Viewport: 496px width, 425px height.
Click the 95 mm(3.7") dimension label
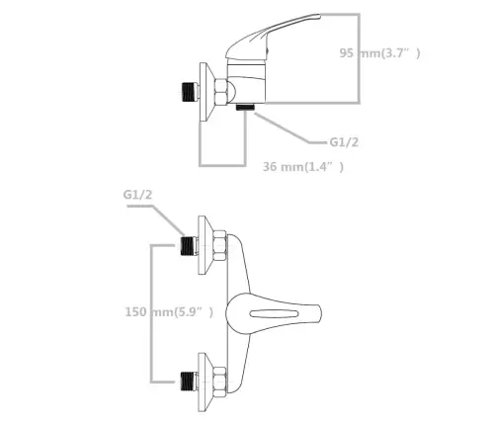tap(379, 53)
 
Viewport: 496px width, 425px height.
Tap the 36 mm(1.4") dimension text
tap(303, 167)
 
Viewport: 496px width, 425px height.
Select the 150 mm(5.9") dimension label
tap(169, 311)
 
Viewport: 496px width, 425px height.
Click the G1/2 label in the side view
tap(344, 142)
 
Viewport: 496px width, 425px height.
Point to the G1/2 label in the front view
tap(137, 195)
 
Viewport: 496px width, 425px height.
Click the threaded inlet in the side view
tap(190, 91)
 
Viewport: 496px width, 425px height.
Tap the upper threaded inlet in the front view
tap(190, 246)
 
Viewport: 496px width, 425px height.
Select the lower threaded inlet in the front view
tap(190, 382)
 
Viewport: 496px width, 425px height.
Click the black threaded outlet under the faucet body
tap(245, 107)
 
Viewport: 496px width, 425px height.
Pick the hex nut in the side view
tap(220, 92)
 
